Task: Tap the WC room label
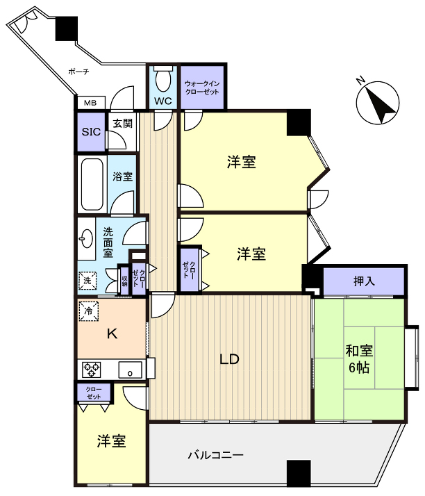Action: pos(163,101)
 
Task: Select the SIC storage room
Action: pos(90,131)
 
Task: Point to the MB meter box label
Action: pos(90,103)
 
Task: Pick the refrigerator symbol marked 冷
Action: pos(88,311)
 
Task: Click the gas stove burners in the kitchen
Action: pos(92,368)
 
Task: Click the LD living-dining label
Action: pos(229,359)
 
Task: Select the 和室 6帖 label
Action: pos(358,359)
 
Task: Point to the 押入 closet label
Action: pos(365,281)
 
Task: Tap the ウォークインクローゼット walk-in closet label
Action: pos(203,88)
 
